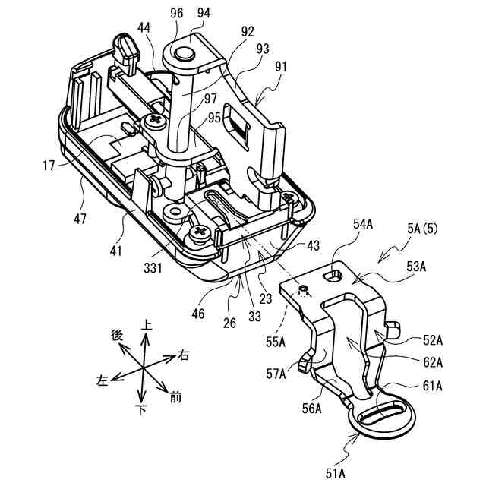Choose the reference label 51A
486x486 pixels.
(334, 475)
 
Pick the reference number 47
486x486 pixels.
(80, 219)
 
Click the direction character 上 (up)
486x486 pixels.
(147, 325)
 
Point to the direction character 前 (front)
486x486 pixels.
(176, 395)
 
